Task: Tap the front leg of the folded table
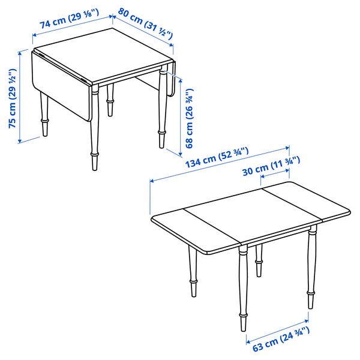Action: click(x=94, y=132)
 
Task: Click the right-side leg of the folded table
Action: click(x=161, y=111)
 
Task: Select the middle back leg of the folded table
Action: click(x=110, y=100)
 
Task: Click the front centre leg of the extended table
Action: click(x=242, y=288)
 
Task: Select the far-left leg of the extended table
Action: click(x=193, y=273)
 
